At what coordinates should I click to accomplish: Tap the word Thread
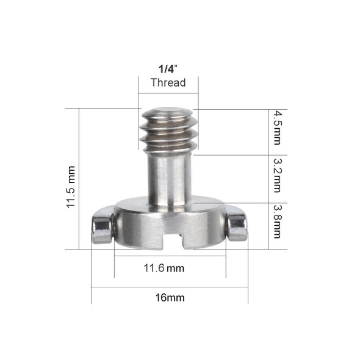click(168, 82)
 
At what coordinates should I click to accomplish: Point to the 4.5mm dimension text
click(278, 128)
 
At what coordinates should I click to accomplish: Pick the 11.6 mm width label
click(164, 268)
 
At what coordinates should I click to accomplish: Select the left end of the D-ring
click(102, 229)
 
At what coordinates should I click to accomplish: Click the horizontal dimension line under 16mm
click(170, 287)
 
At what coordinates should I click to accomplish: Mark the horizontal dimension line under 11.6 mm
click(170, 257)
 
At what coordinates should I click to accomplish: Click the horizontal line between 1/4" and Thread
click(168, 76)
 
